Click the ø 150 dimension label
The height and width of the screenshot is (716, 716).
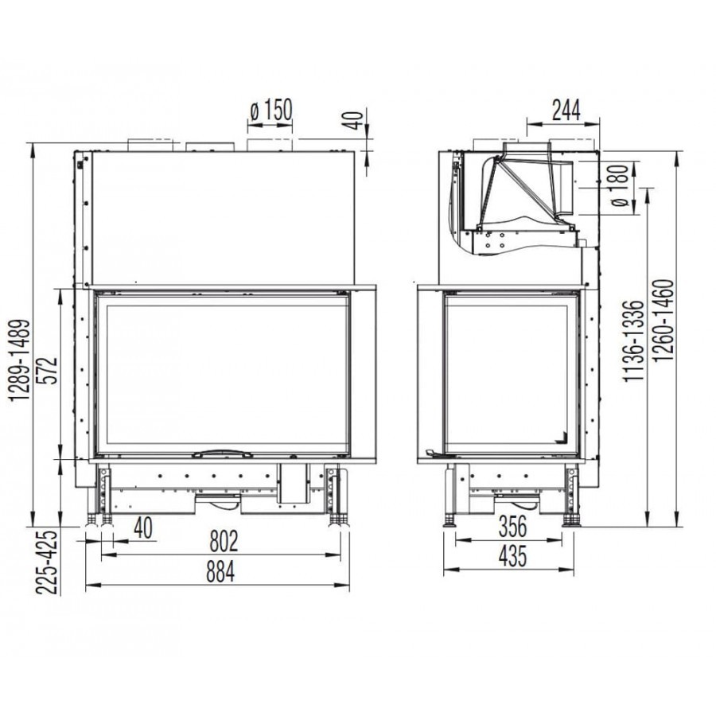pyautogui.click(x=270, y=110)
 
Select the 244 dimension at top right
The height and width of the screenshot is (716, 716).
pyautogui.click(x=566, y=110)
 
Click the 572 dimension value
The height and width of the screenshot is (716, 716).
pyautogui.click(x=51, y=370)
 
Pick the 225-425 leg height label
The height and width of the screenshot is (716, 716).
pyautogui.click(x=48, y=561)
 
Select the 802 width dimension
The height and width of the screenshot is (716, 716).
pyautogui.click(x=224, y=541)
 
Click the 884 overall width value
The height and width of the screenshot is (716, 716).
pyautogui.click(x=220, y=571)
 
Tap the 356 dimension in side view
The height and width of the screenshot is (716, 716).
pyautogui.click(x=512, y=526)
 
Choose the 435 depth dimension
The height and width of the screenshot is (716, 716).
pyautogui.click(x=513, y=556)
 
